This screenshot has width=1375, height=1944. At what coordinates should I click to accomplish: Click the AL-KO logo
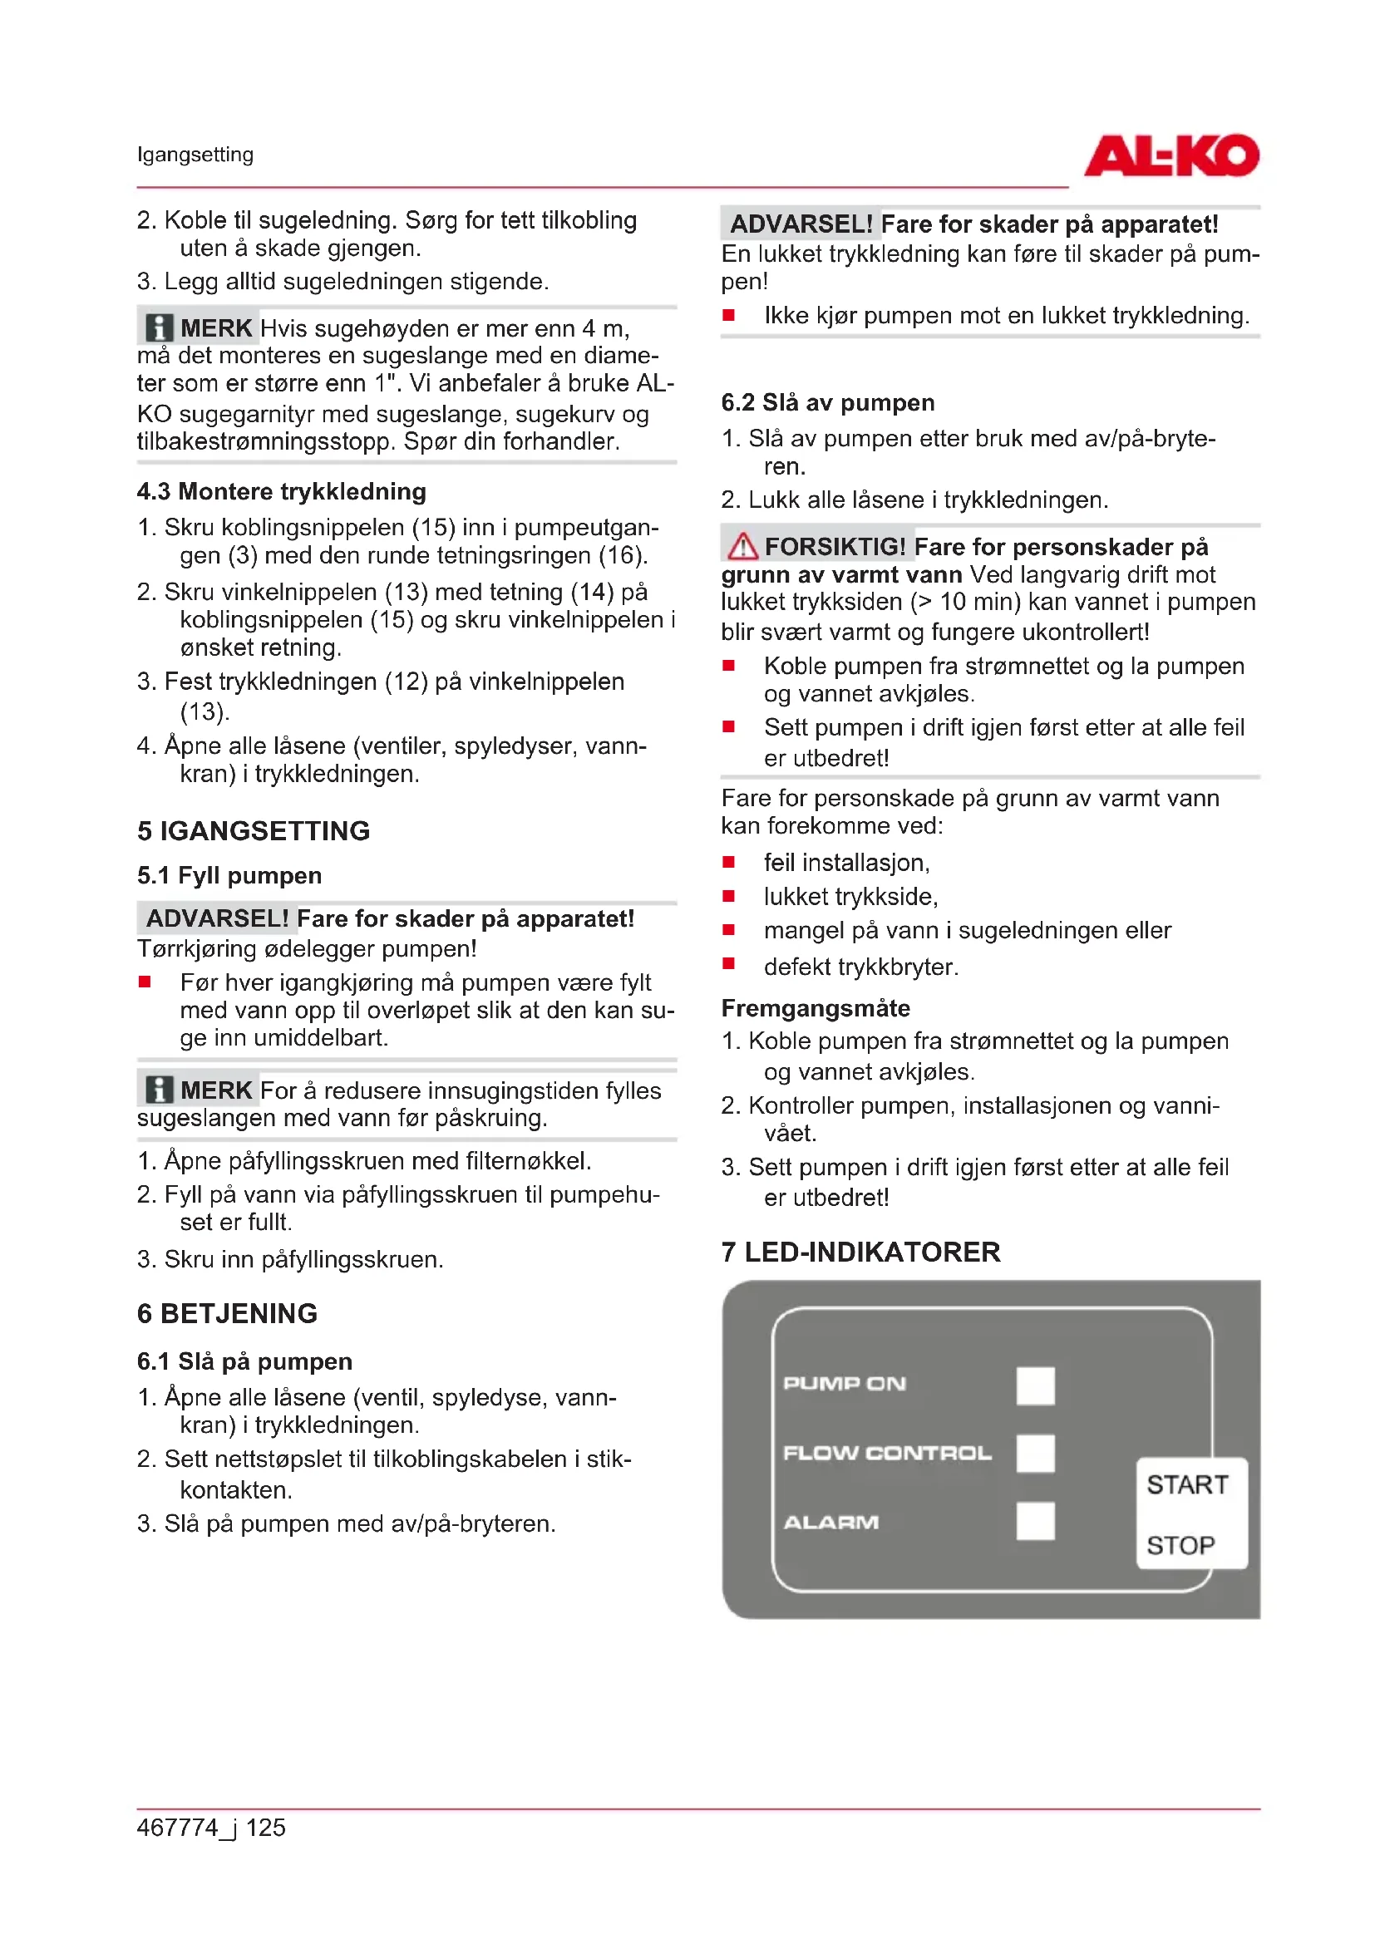tap(1171, 155)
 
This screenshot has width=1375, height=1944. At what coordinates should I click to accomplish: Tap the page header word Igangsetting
tap(195, 155)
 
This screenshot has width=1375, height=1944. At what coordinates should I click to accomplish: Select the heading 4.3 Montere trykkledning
tap(281, 491)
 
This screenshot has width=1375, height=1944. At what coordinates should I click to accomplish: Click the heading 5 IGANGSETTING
tap(254, 830)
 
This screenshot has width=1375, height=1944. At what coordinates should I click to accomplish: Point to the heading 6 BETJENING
tap(227, 1313)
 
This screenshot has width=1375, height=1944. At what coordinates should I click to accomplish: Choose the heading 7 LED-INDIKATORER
tap(860, 1252)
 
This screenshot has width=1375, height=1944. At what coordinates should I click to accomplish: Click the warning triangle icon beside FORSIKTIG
tap(742, 546)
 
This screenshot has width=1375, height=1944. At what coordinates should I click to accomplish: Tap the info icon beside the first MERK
tap(158, 327)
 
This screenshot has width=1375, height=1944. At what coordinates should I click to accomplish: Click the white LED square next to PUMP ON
tap(1035, 1385)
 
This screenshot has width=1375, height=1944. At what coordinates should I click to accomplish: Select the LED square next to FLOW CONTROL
tap(1035, 1453)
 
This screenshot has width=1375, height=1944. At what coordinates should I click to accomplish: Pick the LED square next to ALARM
tap(1035, 1521)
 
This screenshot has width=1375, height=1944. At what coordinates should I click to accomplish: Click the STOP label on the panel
tap(1180, 1545)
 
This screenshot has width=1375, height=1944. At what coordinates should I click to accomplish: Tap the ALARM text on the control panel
tap(830, 1523)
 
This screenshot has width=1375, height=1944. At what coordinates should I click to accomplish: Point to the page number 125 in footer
tap(266, 1827)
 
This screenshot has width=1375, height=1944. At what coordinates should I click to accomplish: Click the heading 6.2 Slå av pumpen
tap(827, 402)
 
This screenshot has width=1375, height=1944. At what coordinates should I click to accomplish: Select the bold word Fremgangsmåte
tap(816, 1007)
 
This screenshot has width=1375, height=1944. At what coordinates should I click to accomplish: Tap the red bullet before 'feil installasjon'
tap(728, 862)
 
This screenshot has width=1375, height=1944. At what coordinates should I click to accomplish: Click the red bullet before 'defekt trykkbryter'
tap(728, 963)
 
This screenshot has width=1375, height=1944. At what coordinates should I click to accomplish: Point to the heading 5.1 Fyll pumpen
tap(229, 874)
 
